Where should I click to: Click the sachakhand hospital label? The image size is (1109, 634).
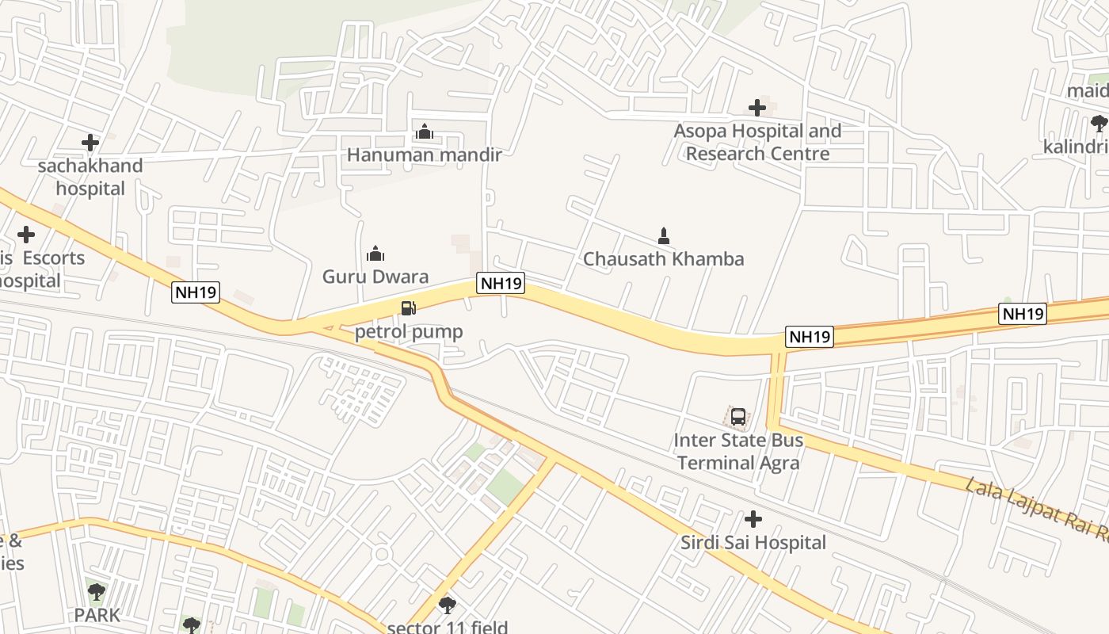tap(90, 177)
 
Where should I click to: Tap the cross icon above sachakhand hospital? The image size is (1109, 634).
tap(90, 143)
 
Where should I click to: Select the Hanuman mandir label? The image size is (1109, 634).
tap(425, 155)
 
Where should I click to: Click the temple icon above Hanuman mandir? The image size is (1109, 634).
tap(425, 131)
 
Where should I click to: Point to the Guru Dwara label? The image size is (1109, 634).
tap(375, 277)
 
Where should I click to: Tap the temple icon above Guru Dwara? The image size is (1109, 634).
tap(375, 254)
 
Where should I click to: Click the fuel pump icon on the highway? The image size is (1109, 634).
tap(409, 308)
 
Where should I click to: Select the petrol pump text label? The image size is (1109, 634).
tap(409, 331)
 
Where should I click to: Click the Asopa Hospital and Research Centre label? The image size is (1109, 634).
tap(757, 142)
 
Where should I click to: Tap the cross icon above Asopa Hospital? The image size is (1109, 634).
tap(757, 107)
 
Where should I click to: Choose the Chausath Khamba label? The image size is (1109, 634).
tap(664, 259)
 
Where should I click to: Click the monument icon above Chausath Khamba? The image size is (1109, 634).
tap(664, 235)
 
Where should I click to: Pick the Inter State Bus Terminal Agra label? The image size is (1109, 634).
tap(738, 451)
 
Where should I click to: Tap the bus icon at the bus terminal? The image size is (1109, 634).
tap(737, 416)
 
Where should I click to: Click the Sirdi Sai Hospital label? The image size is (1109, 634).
tap(753, 543)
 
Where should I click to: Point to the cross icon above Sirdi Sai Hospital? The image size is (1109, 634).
tap(753, 519)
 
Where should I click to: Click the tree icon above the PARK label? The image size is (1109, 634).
tap(97, 591)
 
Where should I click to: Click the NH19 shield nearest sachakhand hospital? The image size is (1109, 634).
tap(196, 292)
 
